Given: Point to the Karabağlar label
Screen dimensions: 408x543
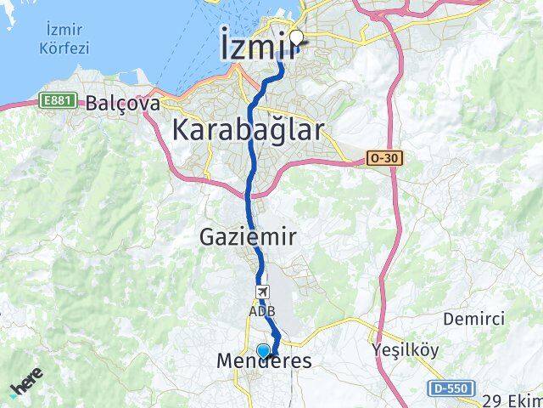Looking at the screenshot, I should [248, 131].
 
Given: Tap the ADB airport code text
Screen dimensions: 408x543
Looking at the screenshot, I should [261, 310].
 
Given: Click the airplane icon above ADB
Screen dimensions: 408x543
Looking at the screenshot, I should [261, 292].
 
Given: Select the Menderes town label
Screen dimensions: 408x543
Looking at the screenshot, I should [264, 361].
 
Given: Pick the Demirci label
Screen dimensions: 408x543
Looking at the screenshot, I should [473, 320].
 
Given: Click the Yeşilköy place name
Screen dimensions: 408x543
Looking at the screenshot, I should [403, 349].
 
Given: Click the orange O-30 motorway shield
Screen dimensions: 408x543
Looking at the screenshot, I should [384, 158].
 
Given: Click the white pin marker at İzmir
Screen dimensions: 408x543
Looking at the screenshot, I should [297, 37].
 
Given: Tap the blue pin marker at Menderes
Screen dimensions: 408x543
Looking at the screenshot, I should [263, 350].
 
